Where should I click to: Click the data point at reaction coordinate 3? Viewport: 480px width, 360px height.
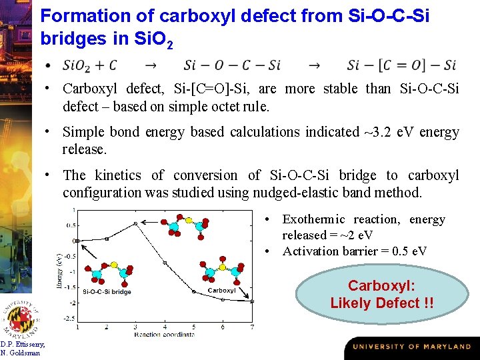(135, 223)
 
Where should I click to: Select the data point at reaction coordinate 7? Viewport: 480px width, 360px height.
(252, 301)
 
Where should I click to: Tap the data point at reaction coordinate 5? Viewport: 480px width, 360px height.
(193, 291)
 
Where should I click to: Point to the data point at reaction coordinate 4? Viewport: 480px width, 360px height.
(164, 263)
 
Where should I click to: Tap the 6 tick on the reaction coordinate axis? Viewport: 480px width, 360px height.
(223, 327)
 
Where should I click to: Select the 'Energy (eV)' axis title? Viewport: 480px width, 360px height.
(59, 271)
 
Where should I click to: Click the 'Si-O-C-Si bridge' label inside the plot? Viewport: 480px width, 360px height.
(107, 292)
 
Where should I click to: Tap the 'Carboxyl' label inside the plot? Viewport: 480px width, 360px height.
(222, 291)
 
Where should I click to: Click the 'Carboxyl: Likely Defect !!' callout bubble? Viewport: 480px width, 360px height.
(381, 294)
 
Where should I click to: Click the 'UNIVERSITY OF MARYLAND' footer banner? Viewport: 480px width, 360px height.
(411, 347)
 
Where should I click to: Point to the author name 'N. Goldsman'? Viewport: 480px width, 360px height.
(20, 353)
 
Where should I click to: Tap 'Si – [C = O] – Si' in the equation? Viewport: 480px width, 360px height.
(401, 65)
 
